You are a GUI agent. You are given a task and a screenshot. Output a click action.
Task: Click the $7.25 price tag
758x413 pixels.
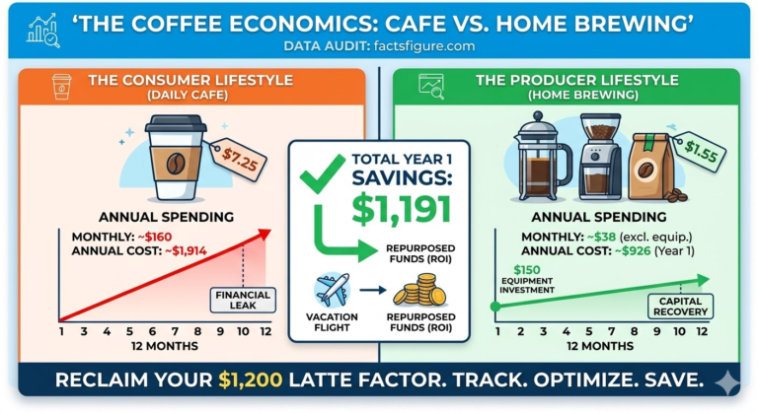[239, 160]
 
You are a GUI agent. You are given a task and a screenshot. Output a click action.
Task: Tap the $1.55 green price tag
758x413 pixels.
[701, 152]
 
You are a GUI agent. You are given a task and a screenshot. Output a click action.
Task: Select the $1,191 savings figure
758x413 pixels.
[402, 209]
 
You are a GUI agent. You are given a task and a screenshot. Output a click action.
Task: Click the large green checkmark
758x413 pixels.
[323, 173]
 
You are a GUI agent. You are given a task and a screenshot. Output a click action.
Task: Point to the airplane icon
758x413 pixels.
[332, 290]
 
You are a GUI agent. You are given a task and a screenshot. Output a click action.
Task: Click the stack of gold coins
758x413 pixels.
[419, 290]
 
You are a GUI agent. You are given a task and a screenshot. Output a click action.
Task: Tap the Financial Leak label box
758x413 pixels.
[243, 300]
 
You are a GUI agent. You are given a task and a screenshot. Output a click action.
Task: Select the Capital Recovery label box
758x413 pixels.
[680, 307]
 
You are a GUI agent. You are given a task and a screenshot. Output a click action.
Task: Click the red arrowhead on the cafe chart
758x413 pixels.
[265, 235]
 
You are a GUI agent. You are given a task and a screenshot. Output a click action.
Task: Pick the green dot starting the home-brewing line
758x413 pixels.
[495, 307]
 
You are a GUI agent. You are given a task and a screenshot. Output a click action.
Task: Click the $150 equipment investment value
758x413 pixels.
[527, 269]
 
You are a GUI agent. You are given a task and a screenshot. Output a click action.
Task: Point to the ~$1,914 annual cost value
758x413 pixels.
[186, 251]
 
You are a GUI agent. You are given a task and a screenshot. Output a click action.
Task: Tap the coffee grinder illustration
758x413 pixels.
[600, 156]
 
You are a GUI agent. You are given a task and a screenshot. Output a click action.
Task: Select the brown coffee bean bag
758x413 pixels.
[651, 168]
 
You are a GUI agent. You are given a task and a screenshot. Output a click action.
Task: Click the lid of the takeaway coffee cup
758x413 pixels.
[176, 123]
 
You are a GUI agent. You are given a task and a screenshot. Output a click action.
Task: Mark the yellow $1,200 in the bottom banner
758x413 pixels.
[251, 379]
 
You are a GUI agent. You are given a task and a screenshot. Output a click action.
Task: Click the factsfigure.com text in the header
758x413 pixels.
[424, 46]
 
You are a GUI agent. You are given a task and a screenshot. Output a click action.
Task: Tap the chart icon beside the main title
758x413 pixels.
[43, 31]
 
